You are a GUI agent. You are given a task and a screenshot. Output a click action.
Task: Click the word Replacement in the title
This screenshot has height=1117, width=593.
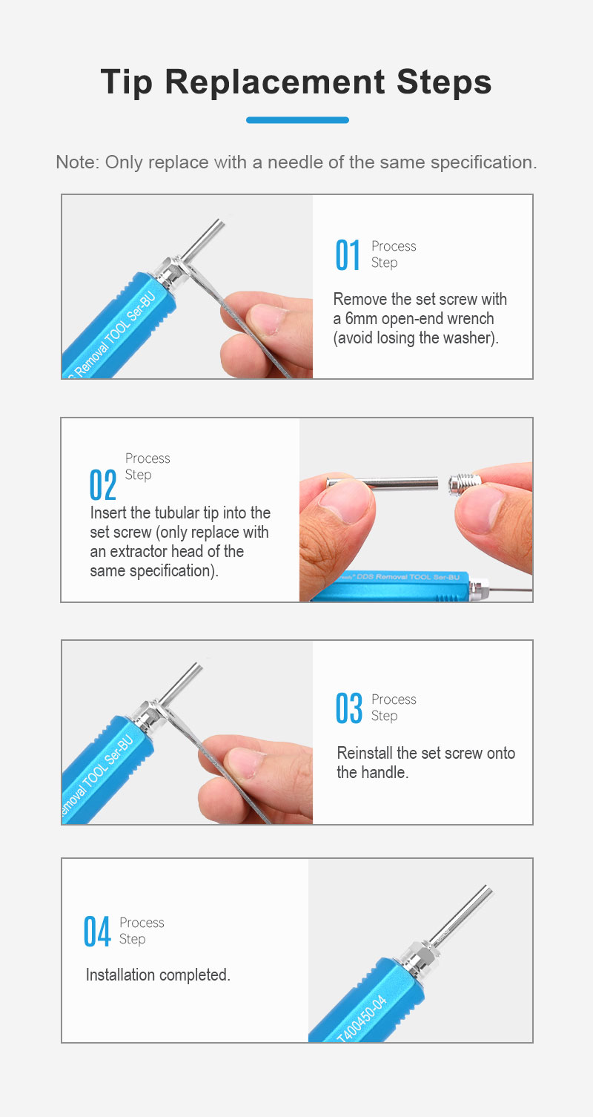pos(275,82)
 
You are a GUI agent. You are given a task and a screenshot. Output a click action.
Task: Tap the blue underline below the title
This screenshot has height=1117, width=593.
pos(297,119)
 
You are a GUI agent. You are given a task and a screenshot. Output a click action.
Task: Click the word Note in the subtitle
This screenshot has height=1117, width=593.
pos(77,162)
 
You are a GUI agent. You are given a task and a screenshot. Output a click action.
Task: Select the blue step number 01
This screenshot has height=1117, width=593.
pos(348,255)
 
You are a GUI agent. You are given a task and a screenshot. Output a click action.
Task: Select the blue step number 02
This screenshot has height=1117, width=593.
pos(103,484)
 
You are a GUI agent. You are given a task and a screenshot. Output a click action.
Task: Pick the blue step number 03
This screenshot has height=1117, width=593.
pos(349,708)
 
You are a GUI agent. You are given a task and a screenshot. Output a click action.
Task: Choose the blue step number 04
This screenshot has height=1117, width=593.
pos(97,931)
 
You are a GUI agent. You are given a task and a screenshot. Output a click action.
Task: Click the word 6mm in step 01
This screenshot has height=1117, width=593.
pos(361,318)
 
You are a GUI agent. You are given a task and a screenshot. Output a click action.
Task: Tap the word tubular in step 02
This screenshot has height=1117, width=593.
pos(176,513)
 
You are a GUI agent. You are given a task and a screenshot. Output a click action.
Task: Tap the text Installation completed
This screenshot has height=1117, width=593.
pos(158,975)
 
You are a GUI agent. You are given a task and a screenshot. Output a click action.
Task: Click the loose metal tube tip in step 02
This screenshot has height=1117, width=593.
pos(382,483)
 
